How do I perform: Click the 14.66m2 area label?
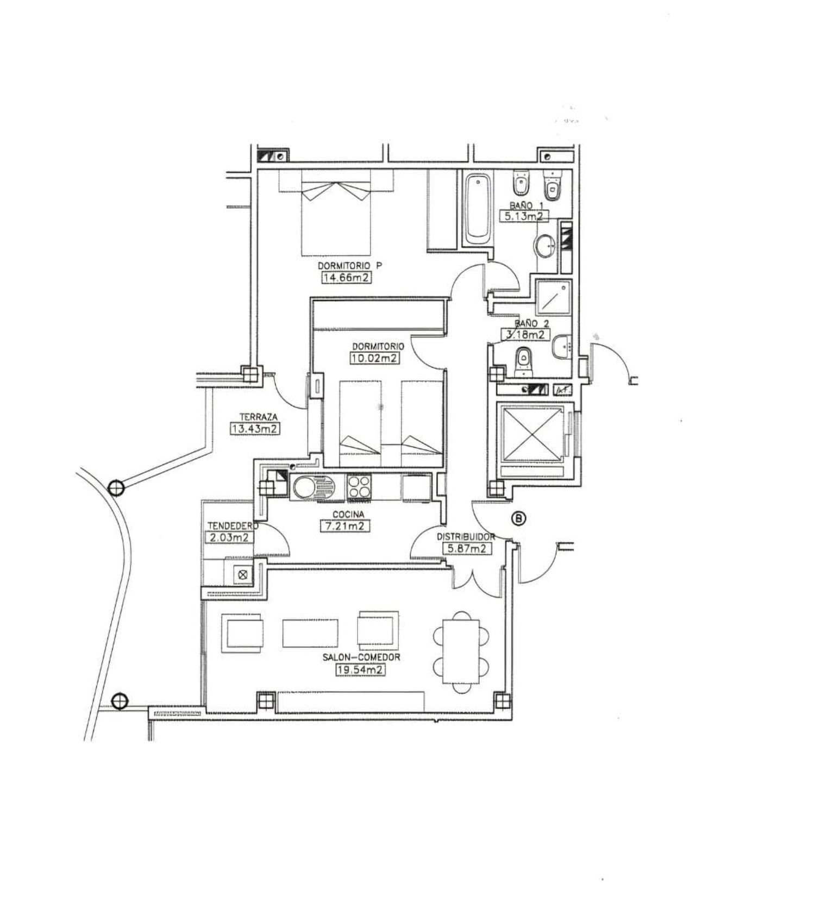coord(347,278)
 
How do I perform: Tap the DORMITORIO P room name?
coord(349,266)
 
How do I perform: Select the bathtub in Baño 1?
coord(478,206)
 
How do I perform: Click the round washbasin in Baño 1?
coord(545,246)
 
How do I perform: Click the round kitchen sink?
coord(304,487)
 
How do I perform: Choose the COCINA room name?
coord(348,514)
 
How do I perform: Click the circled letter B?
coord(520,519)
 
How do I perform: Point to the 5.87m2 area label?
coord(467,549)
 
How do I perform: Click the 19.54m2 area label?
coord(360,670)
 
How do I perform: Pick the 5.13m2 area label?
coord(523,216)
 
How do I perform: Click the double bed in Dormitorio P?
coord(336,212)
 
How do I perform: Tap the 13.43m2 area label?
coord(255,429)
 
